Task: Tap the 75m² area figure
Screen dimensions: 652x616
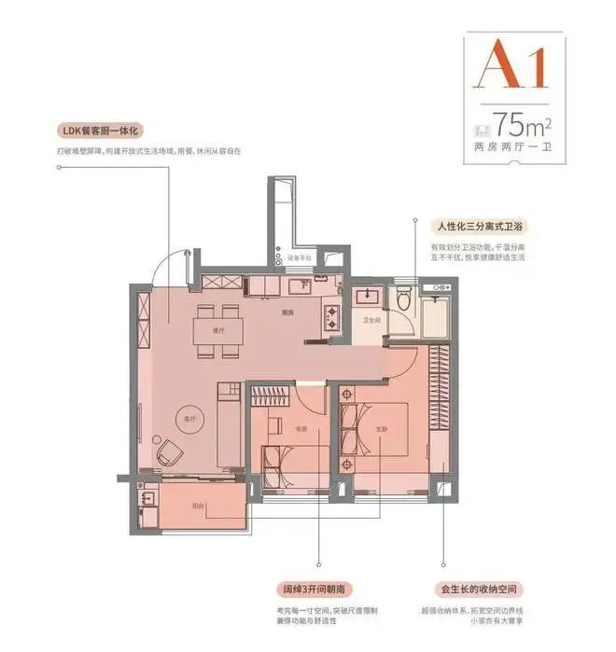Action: coord(522,122)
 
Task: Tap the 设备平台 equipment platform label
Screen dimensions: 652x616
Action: coord(299,258)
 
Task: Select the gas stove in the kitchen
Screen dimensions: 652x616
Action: coord(332,318)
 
